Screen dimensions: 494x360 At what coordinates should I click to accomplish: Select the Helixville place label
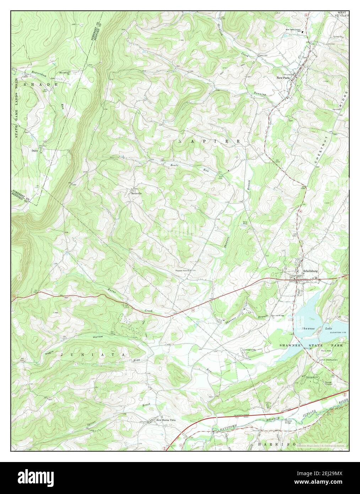pyautogui.click(x=135, y=194)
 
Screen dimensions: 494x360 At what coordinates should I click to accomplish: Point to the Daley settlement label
pyautogui.click(x=34, y=150)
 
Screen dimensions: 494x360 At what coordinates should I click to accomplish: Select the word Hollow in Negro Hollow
pyautogui.click(x=97, y=337)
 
